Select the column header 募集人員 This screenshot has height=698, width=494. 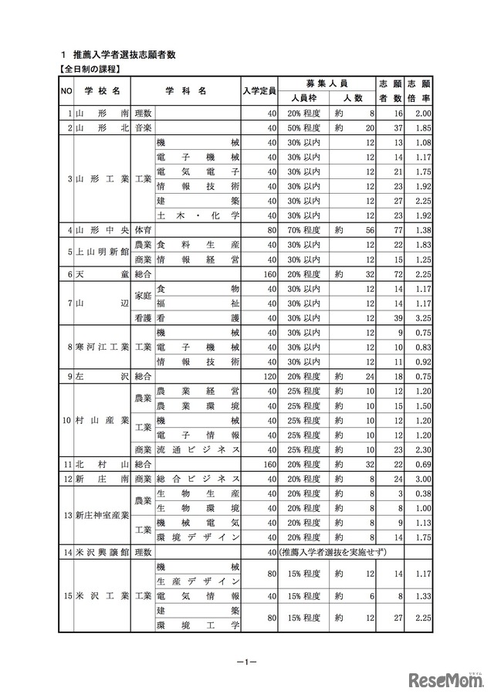coord(327,83)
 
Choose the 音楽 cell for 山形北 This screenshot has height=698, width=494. coord(143,127)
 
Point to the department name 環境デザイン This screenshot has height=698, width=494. coord(198,537)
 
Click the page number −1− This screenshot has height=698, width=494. coord(246,661)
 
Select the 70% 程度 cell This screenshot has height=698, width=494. coord(306,229)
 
